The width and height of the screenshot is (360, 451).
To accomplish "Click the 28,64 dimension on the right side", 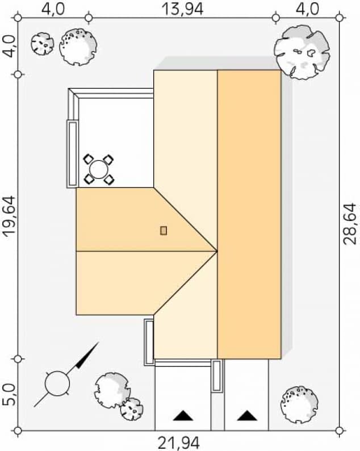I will pos(351,223).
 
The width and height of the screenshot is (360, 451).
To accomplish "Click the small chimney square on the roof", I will pos(164,230).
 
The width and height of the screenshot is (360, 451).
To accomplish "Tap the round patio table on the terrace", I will pos(98,169).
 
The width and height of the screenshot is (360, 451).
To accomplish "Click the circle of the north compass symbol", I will pos(57,383).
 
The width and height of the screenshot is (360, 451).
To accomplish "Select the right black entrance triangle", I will pos(246,416).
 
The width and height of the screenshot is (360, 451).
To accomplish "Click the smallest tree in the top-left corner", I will pos(42,44).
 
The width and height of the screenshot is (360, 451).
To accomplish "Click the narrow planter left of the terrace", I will pos(72,153).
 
